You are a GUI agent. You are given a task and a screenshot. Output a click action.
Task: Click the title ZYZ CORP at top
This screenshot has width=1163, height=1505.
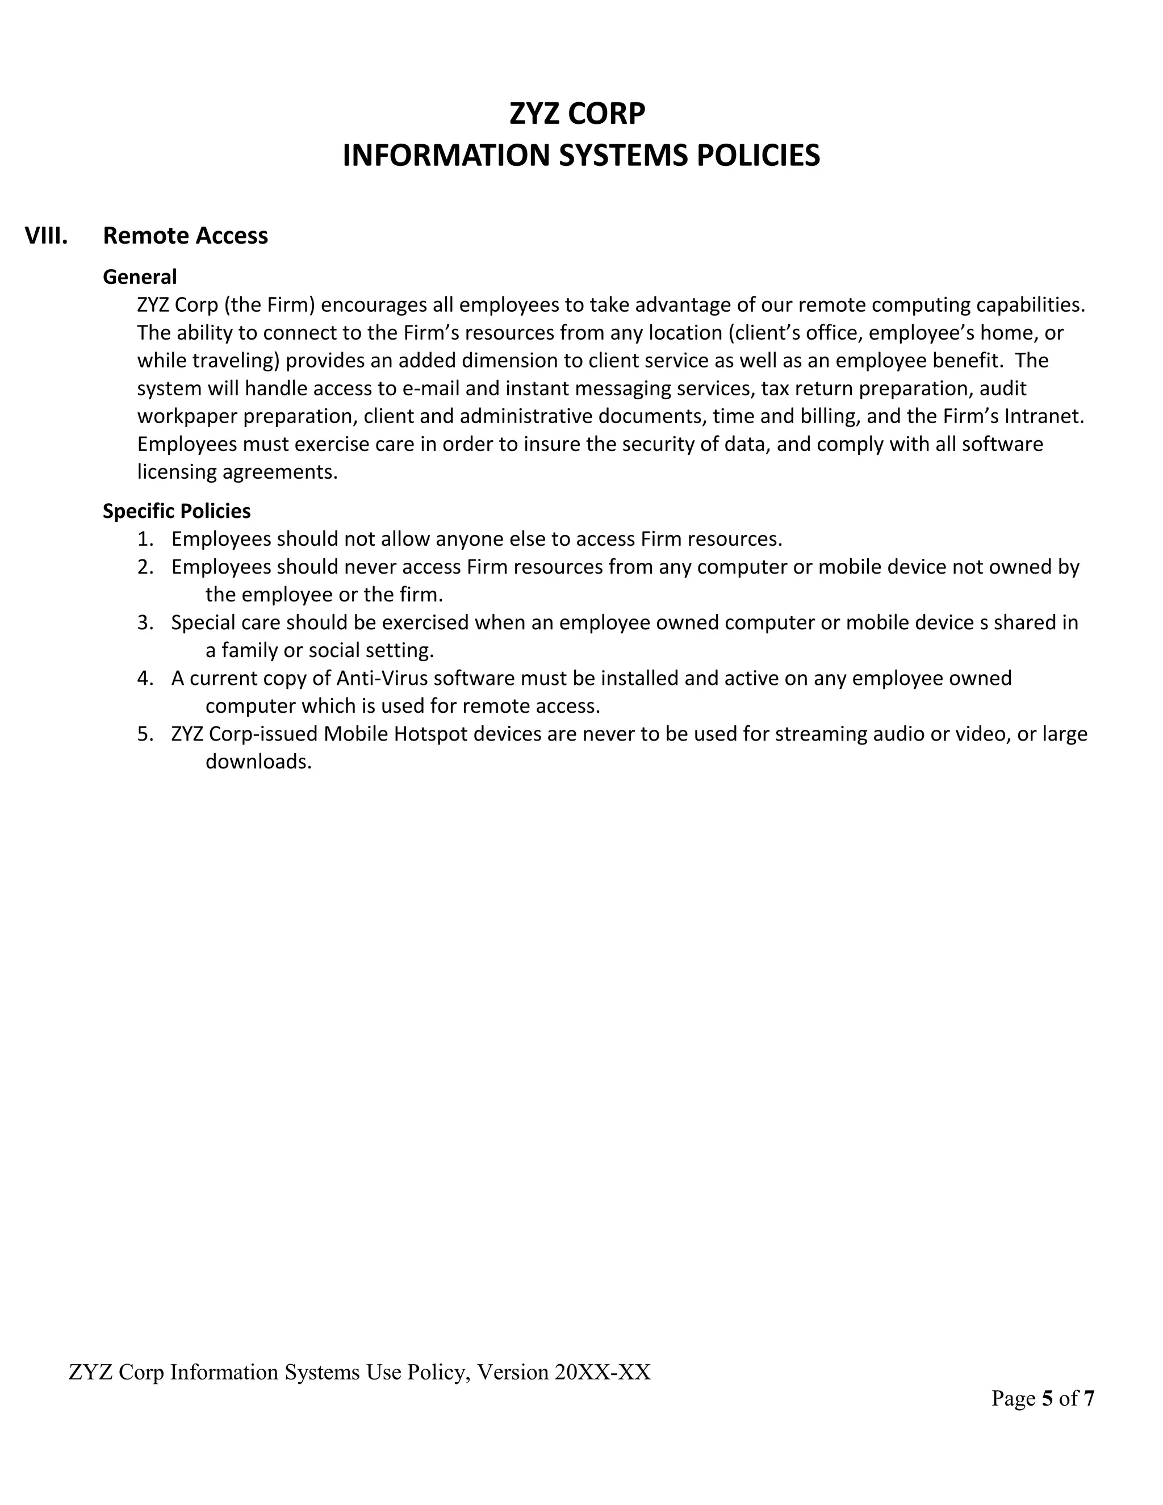[x=578, y=114]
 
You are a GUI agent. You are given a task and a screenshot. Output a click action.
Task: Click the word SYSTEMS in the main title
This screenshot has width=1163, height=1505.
[x=624, y=156]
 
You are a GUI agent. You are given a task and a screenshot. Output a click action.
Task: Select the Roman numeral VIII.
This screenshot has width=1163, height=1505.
[x=46, y=236]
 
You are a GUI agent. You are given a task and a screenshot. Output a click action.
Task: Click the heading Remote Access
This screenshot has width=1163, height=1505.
[x=185, y=236]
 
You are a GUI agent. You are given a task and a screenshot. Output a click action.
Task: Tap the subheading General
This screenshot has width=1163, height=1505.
[x=140, y=277]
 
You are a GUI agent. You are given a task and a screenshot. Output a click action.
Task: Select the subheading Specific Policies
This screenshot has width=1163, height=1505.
[x=177, y=511]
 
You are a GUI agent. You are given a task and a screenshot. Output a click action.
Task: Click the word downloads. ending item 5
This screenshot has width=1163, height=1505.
[x=258, y=762]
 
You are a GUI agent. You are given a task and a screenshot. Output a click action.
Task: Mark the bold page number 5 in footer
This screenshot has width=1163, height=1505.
[x=1047, y=1398]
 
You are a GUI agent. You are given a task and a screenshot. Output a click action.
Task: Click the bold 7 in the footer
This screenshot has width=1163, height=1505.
[x=1089, y=1398]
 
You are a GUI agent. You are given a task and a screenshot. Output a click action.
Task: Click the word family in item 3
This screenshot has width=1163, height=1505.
[x=249, y=650]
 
